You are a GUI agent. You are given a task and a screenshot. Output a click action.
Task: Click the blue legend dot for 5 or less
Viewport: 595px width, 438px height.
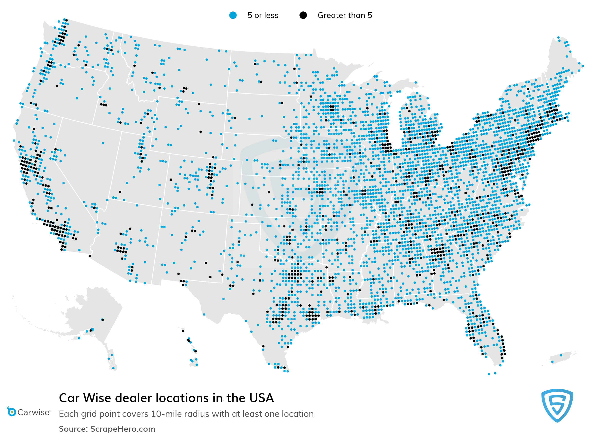233,15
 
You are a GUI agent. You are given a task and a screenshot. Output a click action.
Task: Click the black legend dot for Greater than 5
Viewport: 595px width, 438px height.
303,15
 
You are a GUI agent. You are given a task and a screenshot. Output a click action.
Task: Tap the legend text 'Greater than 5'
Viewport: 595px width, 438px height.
345,15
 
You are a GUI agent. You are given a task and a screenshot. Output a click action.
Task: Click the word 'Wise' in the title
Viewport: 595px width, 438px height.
97,398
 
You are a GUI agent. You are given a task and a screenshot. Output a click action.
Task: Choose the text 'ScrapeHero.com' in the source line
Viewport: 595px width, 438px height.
122,429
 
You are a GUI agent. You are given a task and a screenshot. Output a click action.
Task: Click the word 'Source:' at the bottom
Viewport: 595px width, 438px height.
73,429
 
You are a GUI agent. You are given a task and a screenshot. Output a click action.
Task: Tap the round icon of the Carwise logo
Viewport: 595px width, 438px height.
11,412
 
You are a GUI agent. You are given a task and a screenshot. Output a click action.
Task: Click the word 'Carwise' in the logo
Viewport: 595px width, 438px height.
34,412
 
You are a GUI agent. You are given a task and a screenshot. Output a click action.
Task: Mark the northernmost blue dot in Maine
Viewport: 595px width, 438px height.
558,38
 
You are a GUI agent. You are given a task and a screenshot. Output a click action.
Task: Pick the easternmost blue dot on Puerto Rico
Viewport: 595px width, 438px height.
561,355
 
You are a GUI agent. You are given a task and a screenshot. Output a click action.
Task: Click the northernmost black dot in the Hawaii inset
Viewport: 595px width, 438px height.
183,331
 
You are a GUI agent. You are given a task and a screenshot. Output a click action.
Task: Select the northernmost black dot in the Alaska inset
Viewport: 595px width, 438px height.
103,320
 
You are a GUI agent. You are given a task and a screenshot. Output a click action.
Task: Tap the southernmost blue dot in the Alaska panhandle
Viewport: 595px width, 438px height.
113,368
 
